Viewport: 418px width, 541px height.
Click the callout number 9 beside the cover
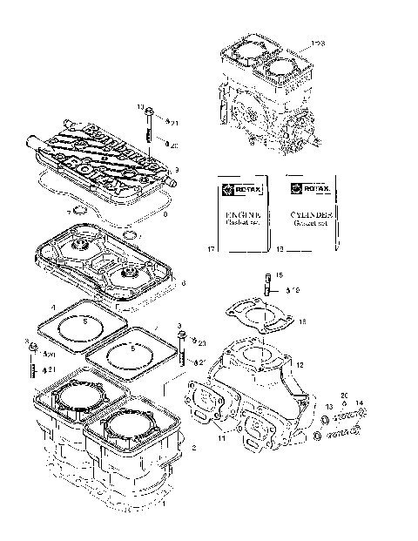(176, 169)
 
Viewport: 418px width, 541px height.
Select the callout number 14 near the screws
(360, 402)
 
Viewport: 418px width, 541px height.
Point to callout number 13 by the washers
(327, 407)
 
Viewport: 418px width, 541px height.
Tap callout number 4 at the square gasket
(53, 307)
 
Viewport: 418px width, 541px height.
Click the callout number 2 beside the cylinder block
(193, 447)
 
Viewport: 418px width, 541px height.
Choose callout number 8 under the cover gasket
(165, 213)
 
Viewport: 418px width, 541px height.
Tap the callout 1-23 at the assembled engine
(317, 41)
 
